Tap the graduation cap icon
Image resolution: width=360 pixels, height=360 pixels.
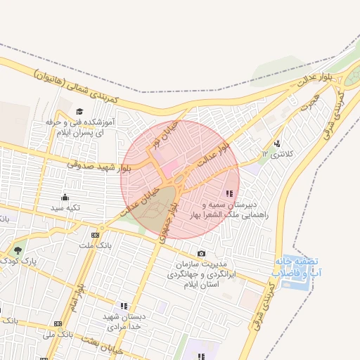pyautogui.click(x=79, y=111)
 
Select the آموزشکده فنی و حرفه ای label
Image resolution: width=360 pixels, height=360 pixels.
pyautogui.click(x=79, y=127)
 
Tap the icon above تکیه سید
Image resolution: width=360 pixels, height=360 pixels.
pyautogui.click(x=65, y=197)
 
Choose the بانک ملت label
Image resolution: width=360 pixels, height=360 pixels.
pyautogui.click(x=96, y=245)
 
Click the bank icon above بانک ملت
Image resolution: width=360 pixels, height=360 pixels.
pyautogui.click(x=96, y=234)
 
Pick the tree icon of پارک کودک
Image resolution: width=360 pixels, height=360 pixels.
pyautogui.click(x=18, y=250)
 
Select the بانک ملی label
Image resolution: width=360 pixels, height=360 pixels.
pyautogui.click(x=58, y=334)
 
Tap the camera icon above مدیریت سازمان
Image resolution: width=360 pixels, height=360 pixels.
pyautogui.click(x=202, y=253)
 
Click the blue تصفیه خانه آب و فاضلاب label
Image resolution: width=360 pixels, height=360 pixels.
pyautogui.click(x=291, y=266)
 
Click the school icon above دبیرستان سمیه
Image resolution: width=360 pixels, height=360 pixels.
pyautogui.click(x=229, y=194)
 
